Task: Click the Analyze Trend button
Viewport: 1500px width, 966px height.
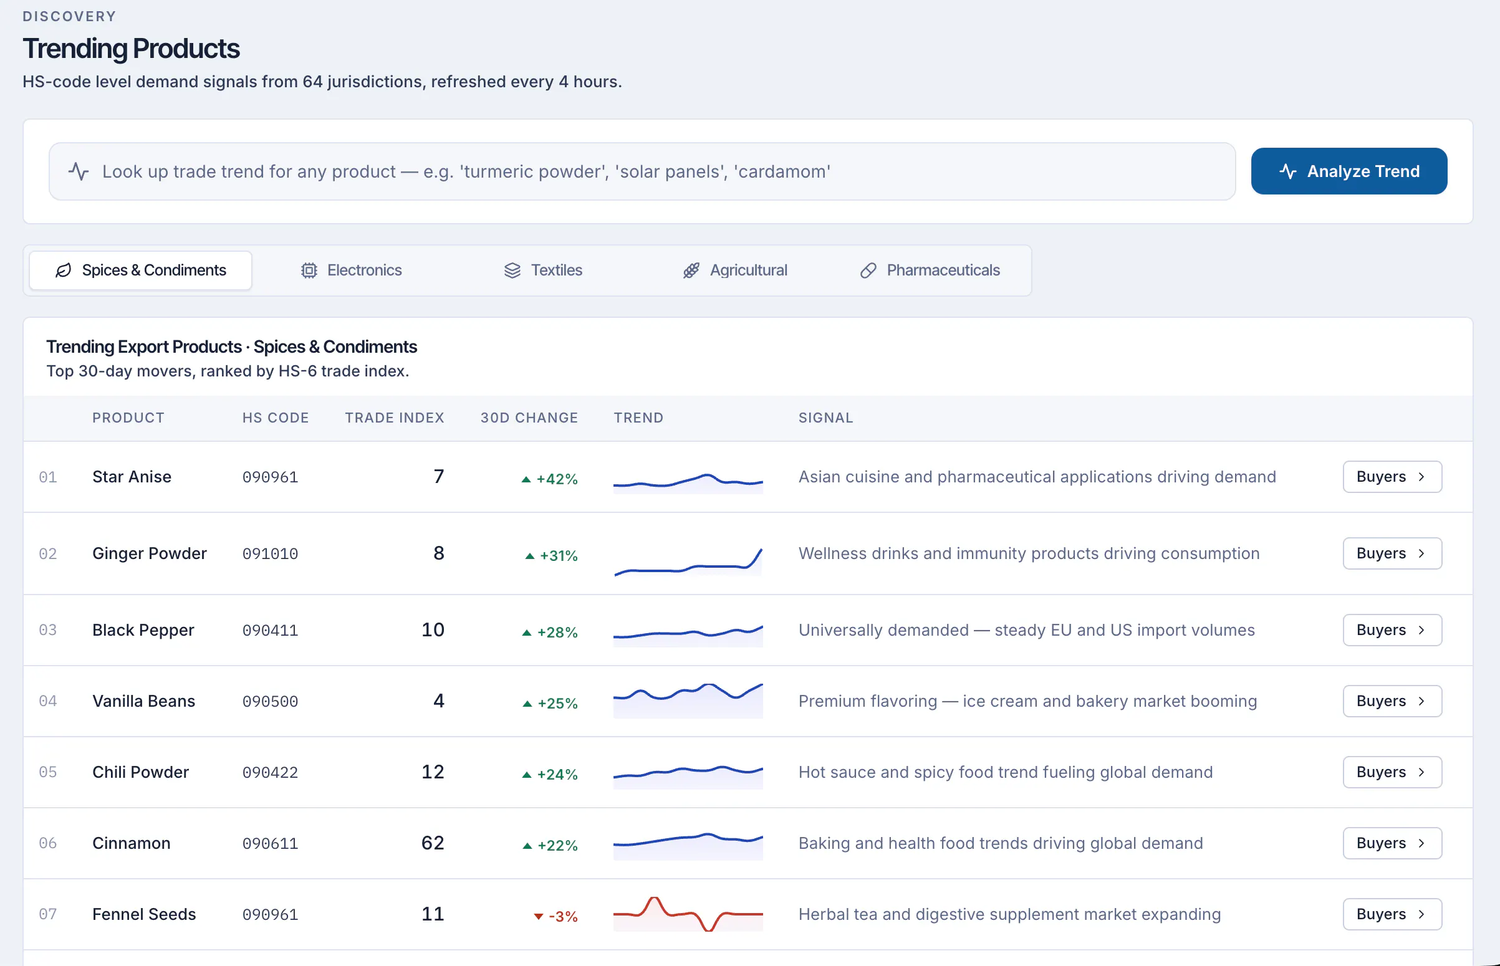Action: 1349,171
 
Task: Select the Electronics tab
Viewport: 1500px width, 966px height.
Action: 352,270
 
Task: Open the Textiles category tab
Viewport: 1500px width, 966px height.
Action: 543,270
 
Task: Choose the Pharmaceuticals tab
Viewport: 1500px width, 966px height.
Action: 930,270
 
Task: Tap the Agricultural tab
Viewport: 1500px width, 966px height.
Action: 734,270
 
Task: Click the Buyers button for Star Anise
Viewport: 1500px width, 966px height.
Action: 1392,477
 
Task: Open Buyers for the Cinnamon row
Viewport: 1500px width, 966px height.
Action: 1392,843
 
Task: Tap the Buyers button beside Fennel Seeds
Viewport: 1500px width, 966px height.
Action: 1392,914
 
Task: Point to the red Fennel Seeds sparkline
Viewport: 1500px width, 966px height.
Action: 688,914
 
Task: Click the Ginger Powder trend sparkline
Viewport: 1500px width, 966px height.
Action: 688,562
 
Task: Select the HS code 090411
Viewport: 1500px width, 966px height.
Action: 271,631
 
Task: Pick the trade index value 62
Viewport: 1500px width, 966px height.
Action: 433,843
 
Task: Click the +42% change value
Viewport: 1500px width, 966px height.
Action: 549,479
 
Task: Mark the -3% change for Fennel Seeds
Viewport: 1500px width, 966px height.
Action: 556,916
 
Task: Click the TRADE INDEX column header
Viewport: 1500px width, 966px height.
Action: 395,418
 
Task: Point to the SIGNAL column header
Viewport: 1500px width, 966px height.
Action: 825,418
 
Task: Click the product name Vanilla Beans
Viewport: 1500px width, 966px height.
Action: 143,701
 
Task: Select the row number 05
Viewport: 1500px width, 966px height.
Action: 47,772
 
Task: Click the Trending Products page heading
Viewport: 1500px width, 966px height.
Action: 131,49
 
